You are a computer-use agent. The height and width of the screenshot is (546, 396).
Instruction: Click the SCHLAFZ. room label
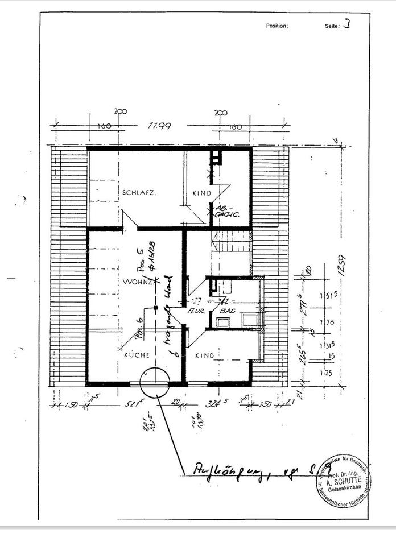[x=139, y=193]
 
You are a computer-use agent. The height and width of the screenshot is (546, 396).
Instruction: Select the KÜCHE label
[x=137, y=355]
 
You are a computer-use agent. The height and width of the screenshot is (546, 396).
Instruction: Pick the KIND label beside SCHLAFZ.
[x=201, y=193]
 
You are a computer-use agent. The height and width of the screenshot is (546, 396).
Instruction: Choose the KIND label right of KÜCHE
[x=204, y=355]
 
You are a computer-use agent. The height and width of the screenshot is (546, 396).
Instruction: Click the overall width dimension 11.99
[x=160, y=126]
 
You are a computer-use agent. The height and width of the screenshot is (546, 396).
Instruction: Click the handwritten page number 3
[x=347, y=25]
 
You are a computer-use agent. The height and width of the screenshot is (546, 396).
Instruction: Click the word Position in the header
[x=277, y=26]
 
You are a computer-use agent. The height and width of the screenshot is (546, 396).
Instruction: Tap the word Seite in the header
[x=332, y=26]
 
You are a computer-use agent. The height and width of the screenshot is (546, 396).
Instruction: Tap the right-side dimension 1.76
[x=327, y=323]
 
